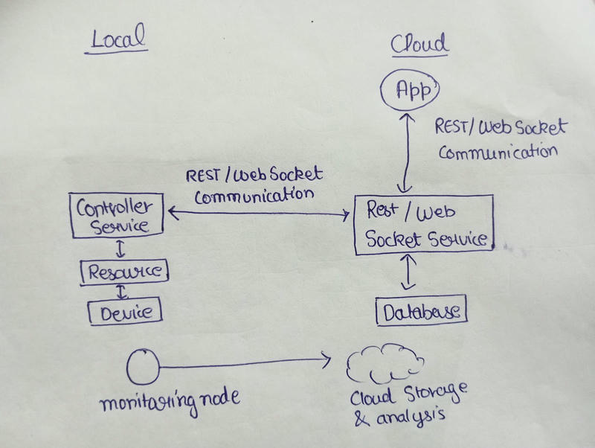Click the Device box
click(124, 312)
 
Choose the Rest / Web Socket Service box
click(424, 223)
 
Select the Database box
click(421, 311)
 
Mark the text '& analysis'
click(400, 420)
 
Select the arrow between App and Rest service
click(406, 153)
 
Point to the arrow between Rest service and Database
click(406, 273)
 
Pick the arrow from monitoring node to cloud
click(245, 364)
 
